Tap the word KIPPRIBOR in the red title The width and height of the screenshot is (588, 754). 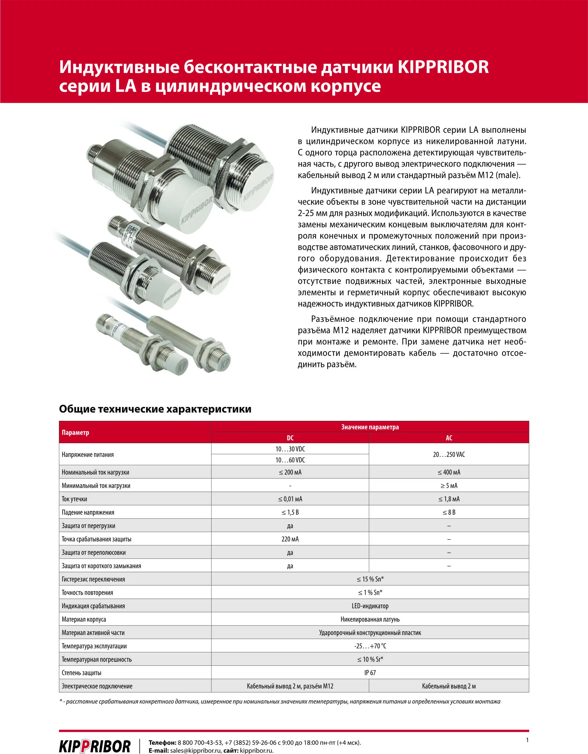pos(443,67)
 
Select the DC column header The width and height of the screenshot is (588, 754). pos(290,438)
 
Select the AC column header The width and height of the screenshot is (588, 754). pos(449,438)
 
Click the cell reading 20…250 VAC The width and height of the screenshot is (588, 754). pos(449,454)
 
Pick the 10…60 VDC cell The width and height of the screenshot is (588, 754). pos(290,460)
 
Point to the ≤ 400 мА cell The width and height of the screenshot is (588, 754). pos(449,472)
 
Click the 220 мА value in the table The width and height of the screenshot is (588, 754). pos(290,539)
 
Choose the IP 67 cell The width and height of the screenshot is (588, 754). pos(370,672)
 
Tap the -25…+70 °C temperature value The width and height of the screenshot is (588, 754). pos(370,646)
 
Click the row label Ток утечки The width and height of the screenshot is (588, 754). pos(75,499)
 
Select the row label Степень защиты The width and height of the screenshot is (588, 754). pos(81,672)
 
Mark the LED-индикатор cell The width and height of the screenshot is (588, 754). pos(370,606)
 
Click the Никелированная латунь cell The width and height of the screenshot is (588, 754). pos(370,619)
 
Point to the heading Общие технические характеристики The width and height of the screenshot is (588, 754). pos(155,409)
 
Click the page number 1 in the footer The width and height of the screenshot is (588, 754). pos(527,740)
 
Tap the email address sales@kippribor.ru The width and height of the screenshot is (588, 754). pos(195,751)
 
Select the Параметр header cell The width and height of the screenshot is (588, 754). pos(76,433)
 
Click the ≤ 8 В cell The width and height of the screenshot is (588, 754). pos(449,512)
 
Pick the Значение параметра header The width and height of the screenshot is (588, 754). pos(370,427)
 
